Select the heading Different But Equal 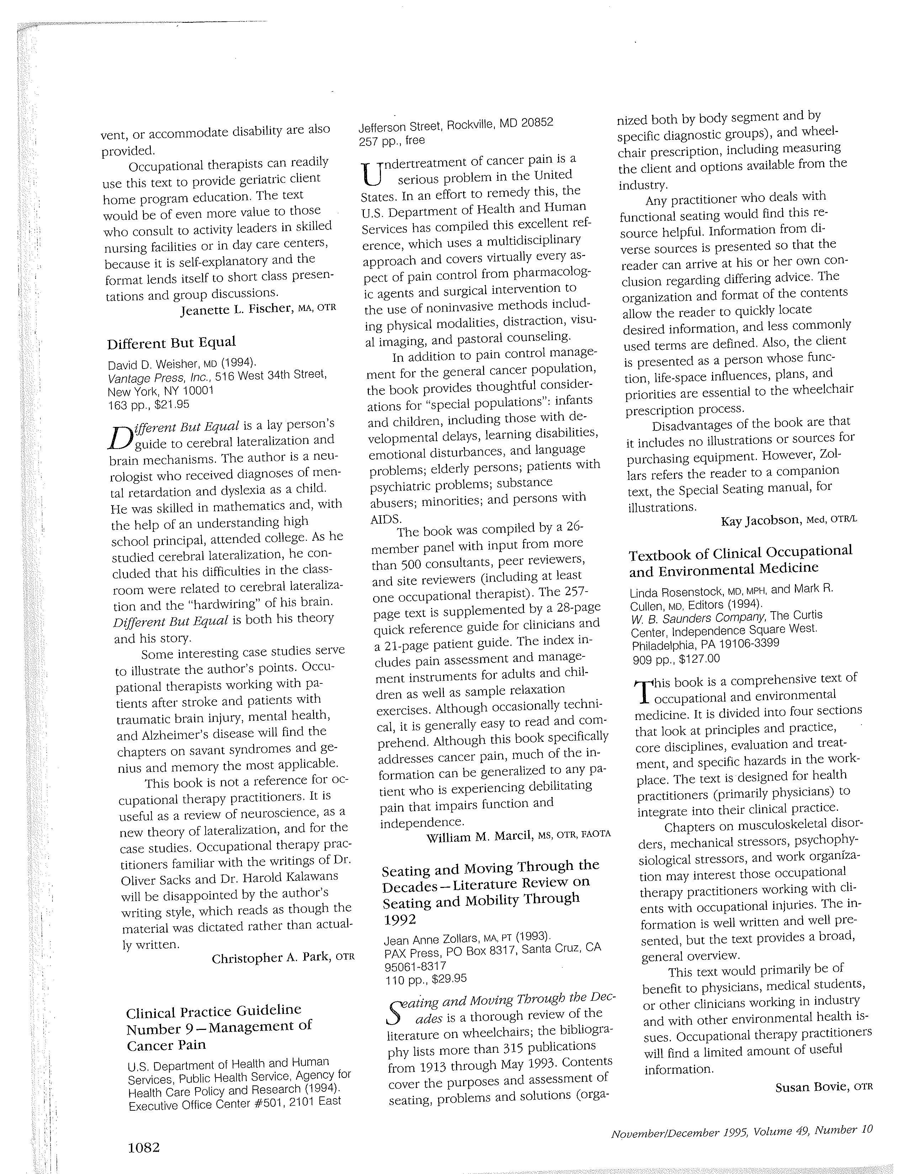[x=171, y=343]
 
